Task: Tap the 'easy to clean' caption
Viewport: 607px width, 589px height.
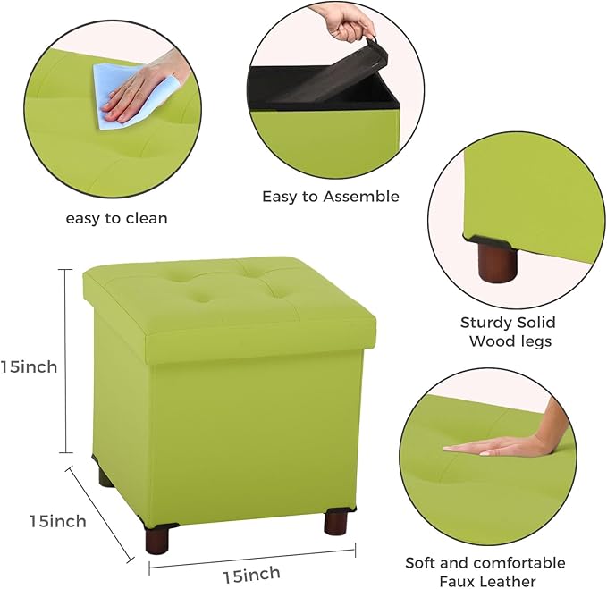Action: tap(116, 218)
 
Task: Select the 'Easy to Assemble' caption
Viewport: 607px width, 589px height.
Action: tap(331, 196)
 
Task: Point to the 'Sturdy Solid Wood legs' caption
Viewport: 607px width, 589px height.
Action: tap(508, 332)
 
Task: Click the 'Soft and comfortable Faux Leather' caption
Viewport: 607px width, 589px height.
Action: tap(485, 572)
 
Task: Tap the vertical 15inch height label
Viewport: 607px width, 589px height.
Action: tap(30, 366)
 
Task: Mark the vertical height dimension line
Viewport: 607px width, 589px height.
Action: tap(65, 361)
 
